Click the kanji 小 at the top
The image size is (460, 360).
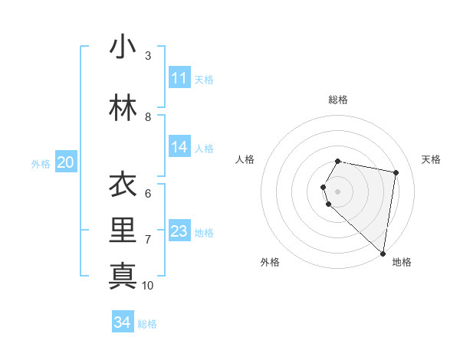(x=123, y=47)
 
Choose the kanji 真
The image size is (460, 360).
(x=123, y=275)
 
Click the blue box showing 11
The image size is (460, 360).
(x=179, y=78)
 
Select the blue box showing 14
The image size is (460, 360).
(x=179, y=147)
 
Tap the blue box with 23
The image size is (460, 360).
(x=179, y=231)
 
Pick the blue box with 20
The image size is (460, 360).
(x=66, y=162)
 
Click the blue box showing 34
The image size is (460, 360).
(x=123, y=322)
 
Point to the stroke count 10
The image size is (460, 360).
(x=148, y=285)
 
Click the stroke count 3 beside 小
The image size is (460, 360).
(x=148, y=55)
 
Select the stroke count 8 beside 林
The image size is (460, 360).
(x=148, y=116)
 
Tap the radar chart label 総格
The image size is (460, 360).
(x=338, y=100)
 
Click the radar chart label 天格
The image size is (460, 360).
(x=431, y=159)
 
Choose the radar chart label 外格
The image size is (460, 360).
(x=270, y=262)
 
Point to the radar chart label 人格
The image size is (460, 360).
(x=245, y=159)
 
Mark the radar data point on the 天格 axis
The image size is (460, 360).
(x=396, y=172)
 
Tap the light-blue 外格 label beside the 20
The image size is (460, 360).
(x=41, y=163)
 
